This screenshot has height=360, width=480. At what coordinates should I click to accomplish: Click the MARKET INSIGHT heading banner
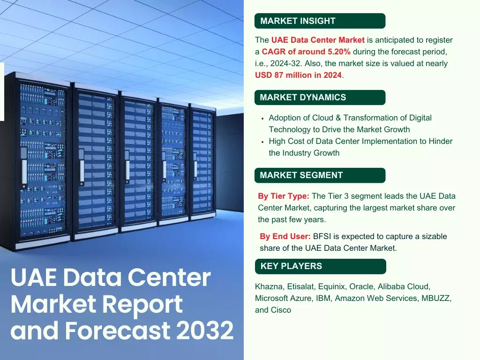pos(319,21)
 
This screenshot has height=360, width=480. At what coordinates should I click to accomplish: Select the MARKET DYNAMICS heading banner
pos(319,97)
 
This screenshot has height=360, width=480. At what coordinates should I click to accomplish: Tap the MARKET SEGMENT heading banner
pos(319,175)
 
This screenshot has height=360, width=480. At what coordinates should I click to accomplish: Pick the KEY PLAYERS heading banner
pos(320,266)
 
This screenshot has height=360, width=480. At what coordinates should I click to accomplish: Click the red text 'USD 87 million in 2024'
pos(299,75)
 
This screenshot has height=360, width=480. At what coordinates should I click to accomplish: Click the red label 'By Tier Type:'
pos(284,196)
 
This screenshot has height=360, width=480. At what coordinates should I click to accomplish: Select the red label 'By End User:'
pos(285,236)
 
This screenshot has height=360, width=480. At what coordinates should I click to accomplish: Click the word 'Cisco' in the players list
pos(281,310)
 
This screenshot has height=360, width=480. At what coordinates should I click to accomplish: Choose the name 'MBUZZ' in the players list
pos(435,298)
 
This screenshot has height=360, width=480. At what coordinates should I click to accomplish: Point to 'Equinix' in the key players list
pos(332,286)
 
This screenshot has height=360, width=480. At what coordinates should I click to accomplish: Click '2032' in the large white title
pos(205,331)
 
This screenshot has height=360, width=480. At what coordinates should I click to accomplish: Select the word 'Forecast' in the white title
pos(119,331)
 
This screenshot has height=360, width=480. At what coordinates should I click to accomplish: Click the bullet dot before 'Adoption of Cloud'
pos(263,119)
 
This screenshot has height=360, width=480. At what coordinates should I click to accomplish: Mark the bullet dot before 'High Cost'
pos(263,142)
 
